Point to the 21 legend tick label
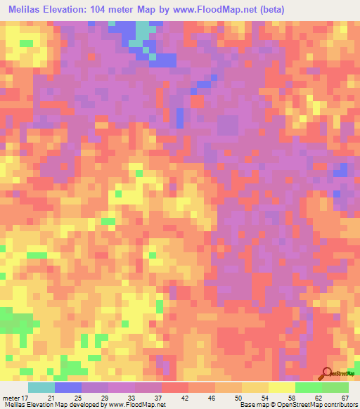(51, 398)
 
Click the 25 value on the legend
(77, 398)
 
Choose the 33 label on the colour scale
(131, 398)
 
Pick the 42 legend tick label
(184, 398)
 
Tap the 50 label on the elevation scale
(238, 398)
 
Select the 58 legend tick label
(291, 398)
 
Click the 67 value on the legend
(345, 398)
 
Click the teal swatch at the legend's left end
(41, 387)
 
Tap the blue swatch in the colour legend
(68, 387)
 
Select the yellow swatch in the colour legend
(281, 387)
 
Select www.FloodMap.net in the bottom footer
(136, 405)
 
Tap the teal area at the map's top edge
(143, 32)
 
